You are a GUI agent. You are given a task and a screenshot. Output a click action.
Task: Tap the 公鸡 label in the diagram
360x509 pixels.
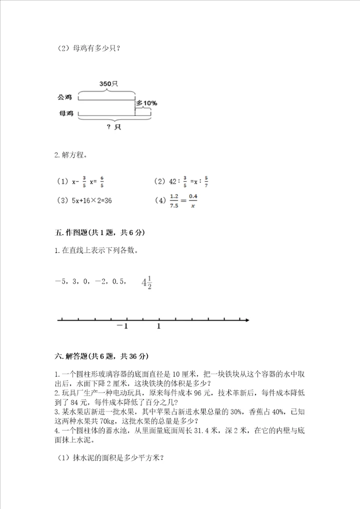point(65,96)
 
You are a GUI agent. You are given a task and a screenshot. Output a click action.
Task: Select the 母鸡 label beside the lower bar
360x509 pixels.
point(65,113)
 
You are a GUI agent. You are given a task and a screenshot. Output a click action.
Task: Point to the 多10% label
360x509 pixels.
point(147,103)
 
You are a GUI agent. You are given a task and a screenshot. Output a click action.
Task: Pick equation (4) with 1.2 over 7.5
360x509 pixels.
point(177,200)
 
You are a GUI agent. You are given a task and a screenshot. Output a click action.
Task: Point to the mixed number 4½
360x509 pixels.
point(146,283)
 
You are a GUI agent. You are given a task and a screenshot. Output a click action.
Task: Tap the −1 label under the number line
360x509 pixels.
point(122,326)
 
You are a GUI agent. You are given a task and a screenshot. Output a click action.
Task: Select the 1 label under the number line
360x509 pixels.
point(158,326)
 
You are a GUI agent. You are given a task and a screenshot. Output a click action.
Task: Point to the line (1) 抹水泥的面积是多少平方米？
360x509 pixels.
point(109,457)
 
